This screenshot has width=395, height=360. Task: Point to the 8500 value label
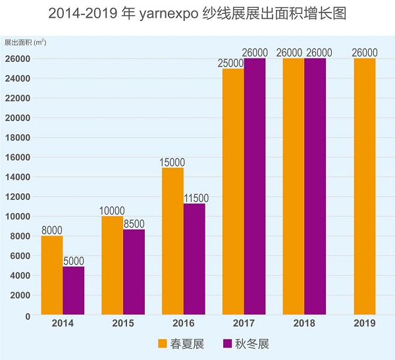pos(133,224)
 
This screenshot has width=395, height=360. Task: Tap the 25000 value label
pos(230,63)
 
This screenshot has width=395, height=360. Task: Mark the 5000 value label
pos(74,261)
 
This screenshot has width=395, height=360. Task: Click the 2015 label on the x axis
pos(123,324)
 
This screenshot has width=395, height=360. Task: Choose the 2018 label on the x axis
pos(304,324)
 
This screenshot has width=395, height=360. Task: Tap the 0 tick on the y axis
pos(28,315)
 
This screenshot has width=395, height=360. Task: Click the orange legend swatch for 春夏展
pos(163,344)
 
